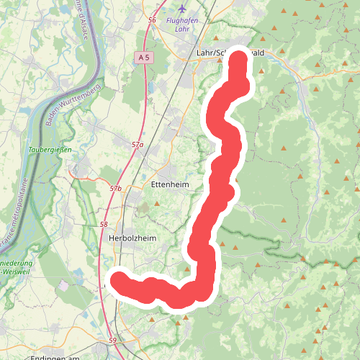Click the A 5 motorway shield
pyautogui.click(x=144, y=57)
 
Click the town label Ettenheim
pyautogui.click(x=170, y=184)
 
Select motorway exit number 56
pyautogui.click(x=151, y=20)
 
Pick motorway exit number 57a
pyautogui.click(x=138, y=145)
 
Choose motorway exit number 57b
pyautogui.click(x=116, y=188)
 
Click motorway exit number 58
pyautogui.click(x=104, y=225)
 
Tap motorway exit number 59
pyautogui.click(x=112, y=340)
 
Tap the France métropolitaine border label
pyautogui.click(x=12, y=216)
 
